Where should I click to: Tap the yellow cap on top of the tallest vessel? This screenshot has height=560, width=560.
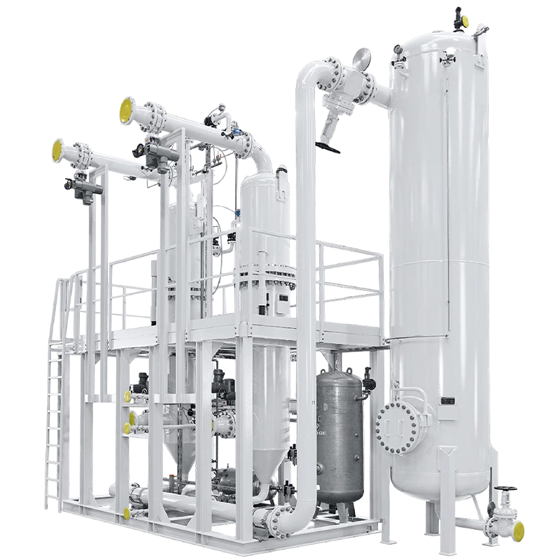pyautogui.click(x=459, y=9)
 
